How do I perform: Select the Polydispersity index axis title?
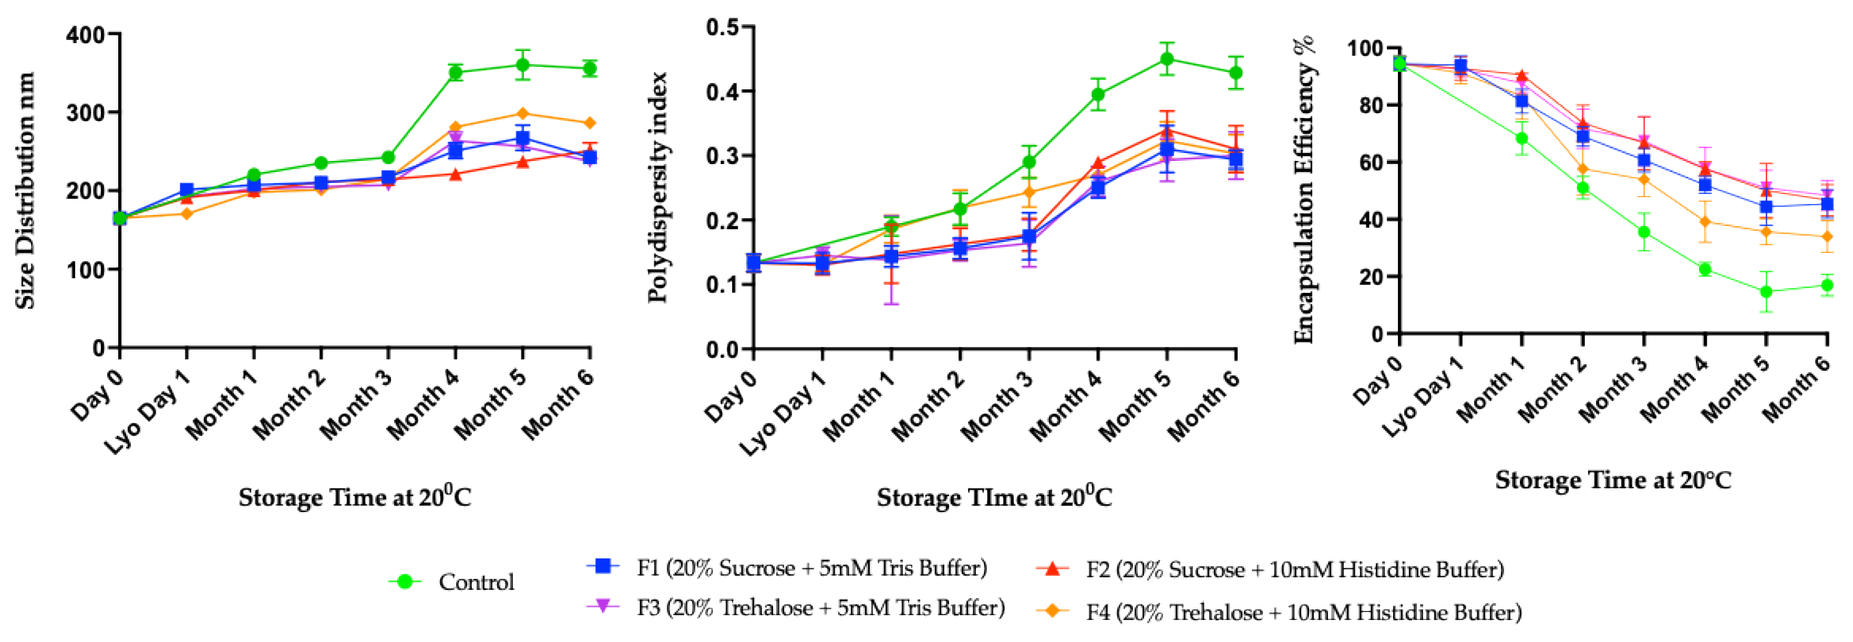click(657, 187)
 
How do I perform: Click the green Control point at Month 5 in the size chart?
click(523, 66)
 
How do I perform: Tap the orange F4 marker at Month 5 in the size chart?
click(523, 114)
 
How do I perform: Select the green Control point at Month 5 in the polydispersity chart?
click(1167, 59)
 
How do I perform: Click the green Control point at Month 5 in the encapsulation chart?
click(1766, 291)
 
